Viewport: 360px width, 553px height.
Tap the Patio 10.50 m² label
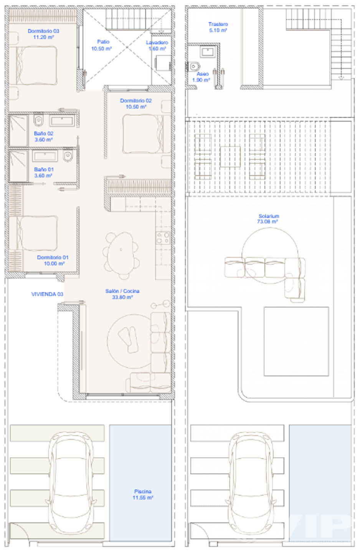coord(101,45)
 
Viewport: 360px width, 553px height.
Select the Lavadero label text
coord(157,43)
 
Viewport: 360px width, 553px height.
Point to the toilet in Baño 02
coord(38,120)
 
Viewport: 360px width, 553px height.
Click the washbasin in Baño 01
coord(45,156)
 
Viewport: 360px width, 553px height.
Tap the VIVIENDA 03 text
coord(47,294)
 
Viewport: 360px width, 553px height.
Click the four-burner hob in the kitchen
coord(163,237)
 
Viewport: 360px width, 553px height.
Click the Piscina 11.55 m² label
coord(143,495)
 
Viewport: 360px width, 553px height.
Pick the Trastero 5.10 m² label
coord(218,27)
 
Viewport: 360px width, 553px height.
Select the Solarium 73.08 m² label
coord(268,219)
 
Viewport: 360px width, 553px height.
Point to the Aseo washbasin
coord(208,52)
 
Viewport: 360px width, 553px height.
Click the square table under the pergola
coord(230,157)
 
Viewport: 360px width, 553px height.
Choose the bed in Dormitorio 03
coord(36,65)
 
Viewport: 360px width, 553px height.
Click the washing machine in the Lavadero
coord(163,63)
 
